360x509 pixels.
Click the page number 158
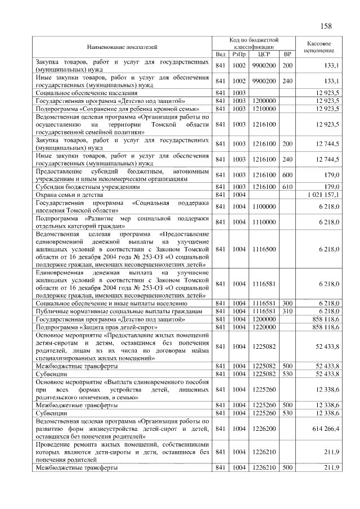tap(326, 26)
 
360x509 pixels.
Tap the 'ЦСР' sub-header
tap(264, 55)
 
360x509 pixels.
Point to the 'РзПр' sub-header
tap(240, 55)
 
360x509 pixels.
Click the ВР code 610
tap(287, 187)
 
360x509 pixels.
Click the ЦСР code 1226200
tap(264, 429)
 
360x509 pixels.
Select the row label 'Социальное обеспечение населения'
tap(87, 92)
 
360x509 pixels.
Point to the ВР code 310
tap(287, 311)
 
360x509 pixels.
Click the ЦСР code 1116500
tap(264, 249)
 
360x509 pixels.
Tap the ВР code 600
tap(287, 175)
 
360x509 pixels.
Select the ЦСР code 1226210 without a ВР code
tap(264, 452)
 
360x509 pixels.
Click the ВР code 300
tap(287, 303)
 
